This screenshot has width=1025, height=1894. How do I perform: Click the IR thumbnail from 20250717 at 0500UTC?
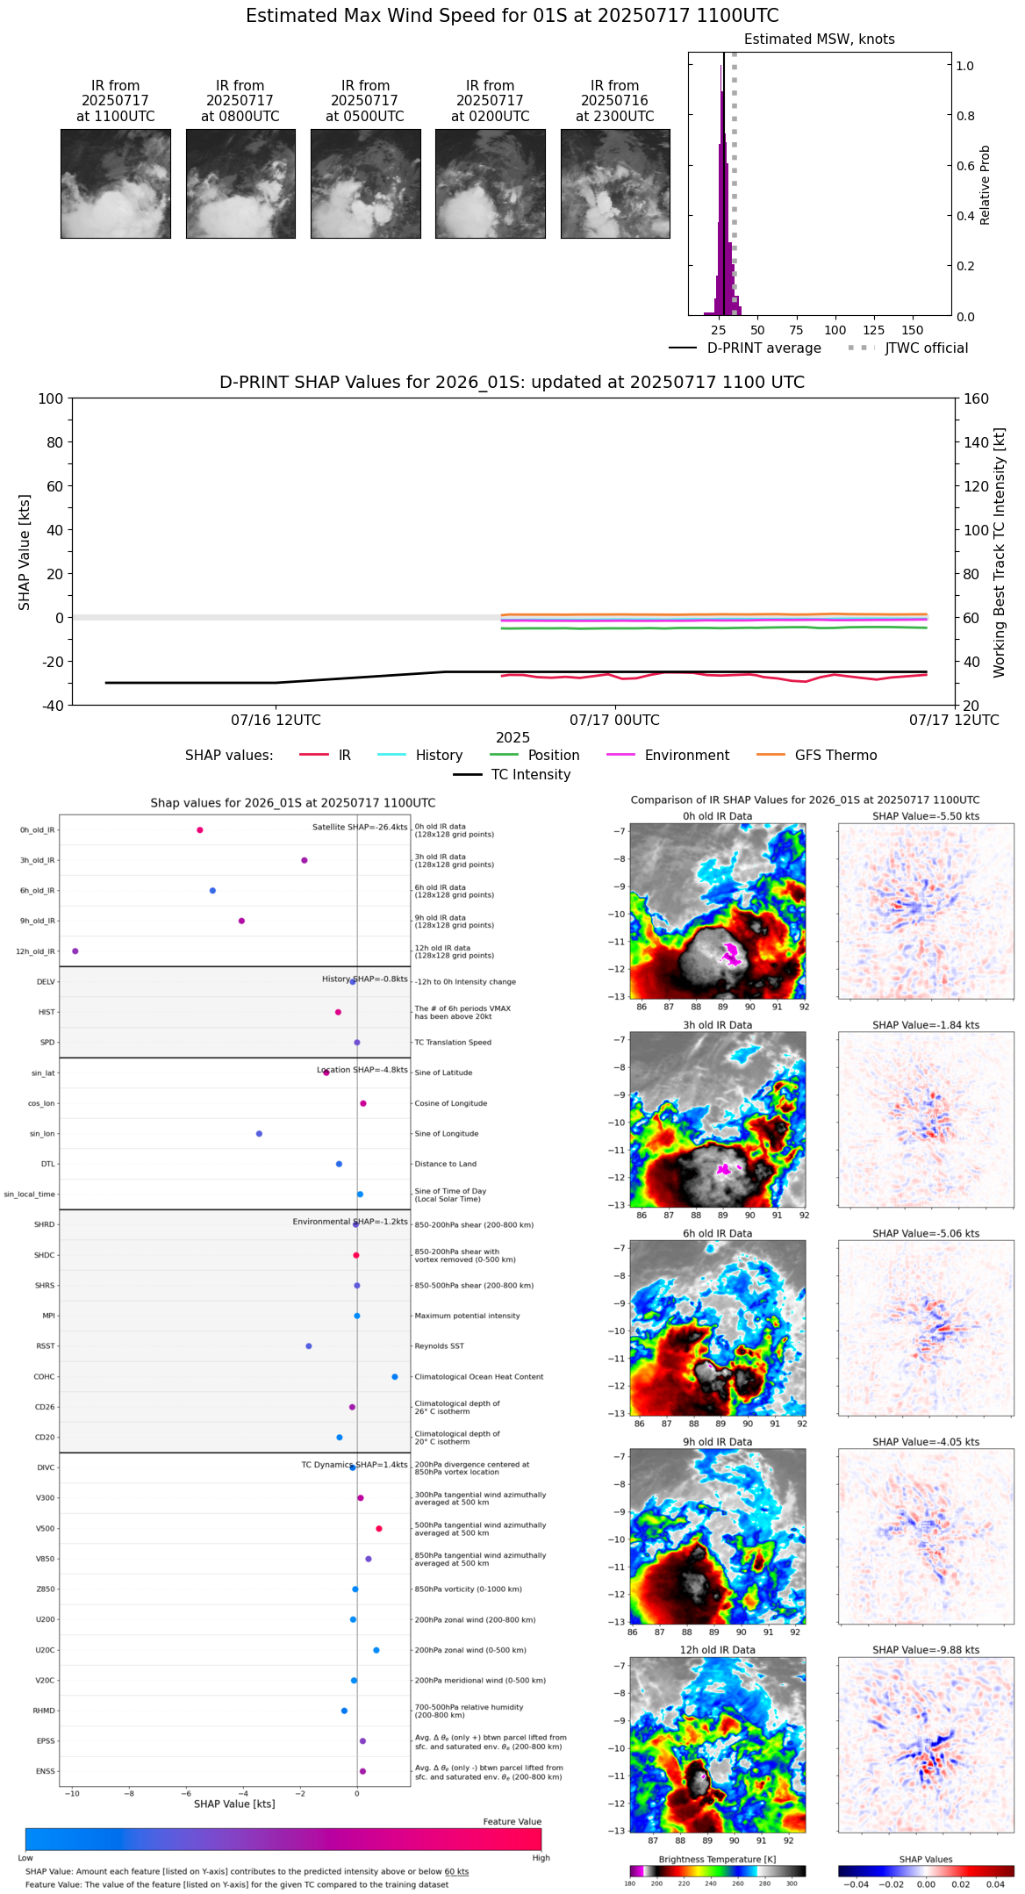[365, 183]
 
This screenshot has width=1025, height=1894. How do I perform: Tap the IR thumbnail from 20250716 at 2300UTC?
[615, 183]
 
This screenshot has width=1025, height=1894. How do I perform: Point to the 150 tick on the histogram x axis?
[913, 330]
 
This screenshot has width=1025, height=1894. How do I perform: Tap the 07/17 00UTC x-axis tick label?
[614, 721]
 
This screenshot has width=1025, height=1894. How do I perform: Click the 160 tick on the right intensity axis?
[977, 398]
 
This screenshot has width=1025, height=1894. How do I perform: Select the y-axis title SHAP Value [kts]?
[25, 552]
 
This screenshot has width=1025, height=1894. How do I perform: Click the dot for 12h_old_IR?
[75, 951]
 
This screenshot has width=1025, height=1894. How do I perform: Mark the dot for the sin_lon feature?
[259, 1134]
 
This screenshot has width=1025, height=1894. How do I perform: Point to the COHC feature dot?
[394, 1377]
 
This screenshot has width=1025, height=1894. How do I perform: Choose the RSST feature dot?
[308, 1346]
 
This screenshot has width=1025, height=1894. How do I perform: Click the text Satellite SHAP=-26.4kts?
[360, 828]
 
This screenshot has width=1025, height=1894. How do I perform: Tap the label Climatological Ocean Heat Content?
[478, 1377]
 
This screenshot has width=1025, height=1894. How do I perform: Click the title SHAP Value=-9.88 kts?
[926, 1650]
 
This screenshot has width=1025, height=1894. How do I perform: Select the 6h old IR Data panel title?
[717, 1233]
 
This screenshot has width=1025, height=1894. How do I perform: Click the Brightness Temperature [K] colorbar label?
[717, 1859]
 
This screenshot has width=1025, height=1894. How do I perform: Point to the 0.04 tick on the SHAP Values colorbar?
[994, 1883]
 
